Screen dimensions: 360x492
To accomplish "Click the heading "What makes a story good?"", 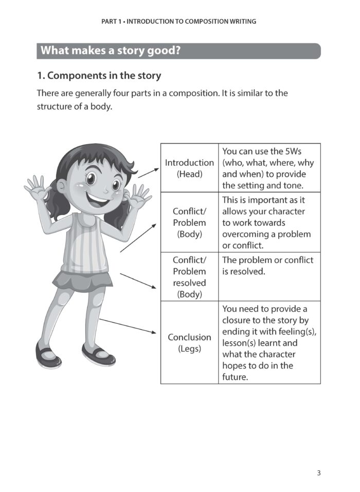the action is (x=110, y=51).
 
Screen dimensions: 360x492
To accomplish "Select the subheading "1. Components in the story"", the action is (x=99, y=76).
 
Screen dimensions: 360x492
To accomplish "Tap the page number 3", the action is (x=319, y=473).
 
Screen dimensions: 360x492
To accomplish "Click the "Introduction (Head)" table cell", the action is (x=189, y=168).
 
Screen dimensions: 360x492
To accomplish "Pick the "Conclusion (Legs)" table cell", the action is (x=189, y=343).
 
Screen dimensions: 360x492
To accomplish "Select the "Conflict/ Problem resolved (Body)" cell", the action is (x=189, y=277).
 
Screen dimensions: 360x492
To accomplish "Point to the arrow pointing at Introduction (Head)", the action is (x=149, y=172).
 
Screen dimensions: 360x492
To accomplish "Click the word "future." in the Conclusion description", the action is (x=235, y=377).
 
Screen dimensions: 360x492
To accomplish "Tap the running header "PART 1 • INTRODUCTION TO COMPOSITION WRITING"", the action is (x=179, y=22).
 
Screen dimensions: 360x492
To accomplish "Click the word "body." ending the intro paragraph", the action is (x=101, y=107).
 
